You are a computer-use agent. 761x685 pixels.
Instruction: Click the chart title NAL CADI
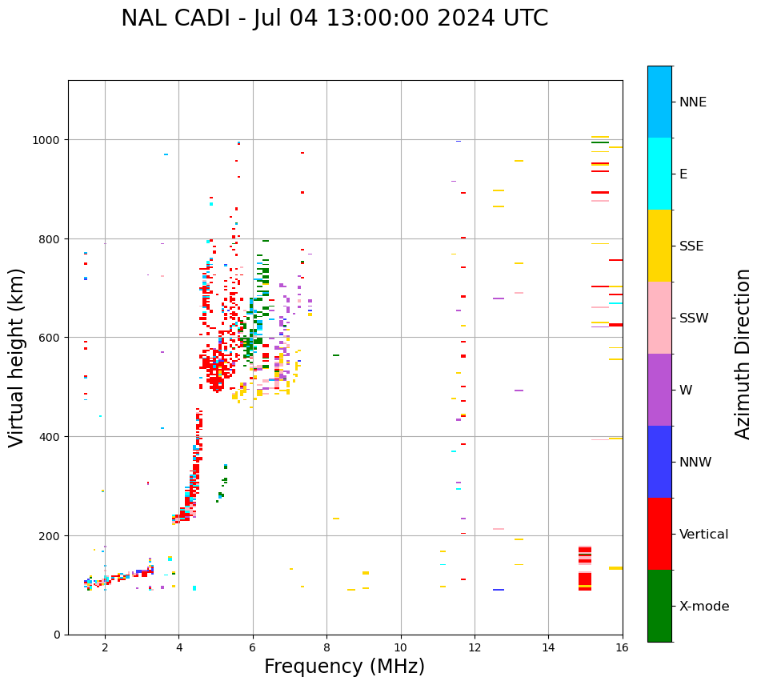(x=334, y=18)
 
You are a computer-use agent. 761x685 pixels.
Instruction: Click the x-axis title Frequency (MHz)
(x=344, y=667)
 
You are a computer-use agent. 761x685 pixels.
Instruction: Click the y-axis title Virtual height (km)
(x=17, y=357)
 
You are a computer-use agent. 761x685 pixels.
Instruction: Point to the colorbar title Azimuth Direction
(x=743, y=354)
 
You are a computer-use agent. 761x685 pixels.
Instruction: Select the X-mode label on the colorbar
(x=704, y=607)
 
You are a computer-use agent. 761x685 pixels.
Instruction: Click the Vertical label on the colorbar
(x=704, y=535)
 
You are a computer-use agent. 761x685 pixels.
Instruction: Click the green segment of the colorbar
(x=659, y=606)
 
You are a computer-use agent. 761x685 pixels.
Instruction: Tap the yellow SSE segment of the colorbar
(x=659, y=246)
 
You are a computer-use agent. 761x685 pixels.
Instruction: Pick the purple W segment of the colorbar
(x=659, y=390)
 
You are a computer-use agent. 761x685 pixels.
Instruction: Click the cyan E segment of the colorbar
(x=659, y=174)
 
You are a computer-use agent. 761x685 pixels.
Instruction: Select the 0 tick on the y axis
(x=58, y=635)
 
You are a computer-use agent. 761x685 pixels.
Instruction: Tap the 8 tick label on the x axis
(x=326, y=647)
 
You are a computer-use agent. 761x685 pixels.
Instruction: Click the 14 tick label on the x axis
(x=548, y=647)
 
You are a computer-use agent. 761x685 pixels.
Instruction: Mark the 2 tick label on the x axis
(x=105, y=647)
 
